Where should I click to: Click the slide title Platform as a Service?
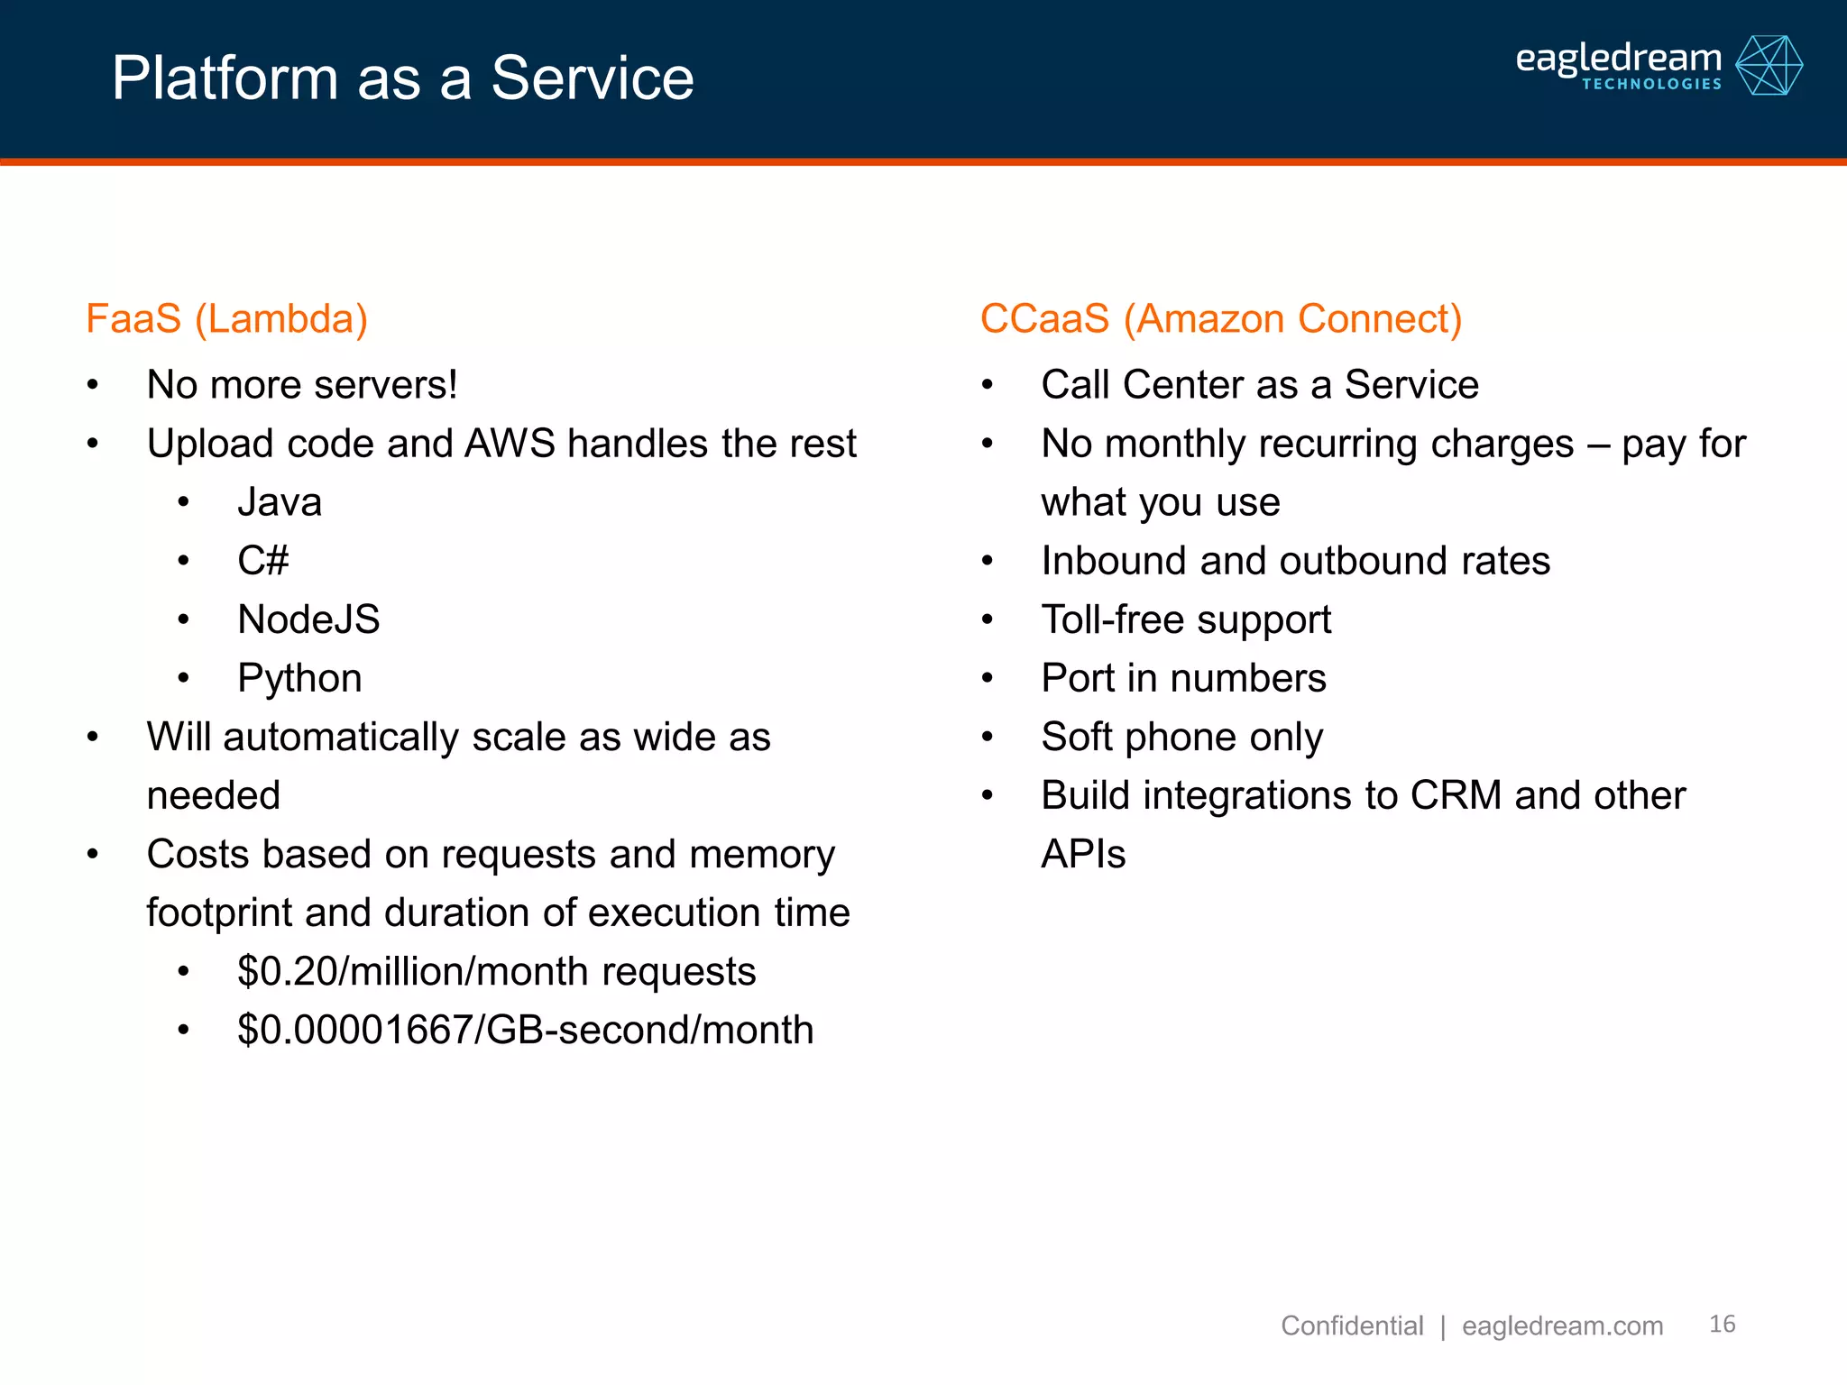pyautogui.click(x=402, y=78)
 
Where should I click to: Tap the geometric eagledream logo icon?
pyautogui.click(x=1769, y=65)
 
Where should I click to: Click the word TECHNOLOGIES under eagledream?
pyautogui.click(x=1651, y=84)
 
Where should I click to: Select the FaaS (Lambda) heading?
pyautogui.click(x=226, y=319)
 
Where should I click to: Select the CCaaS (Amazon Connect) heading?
pyautogui.click(x=1220, y=319)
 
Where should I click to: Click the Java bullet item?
pyautogui.click(x=280, y=502)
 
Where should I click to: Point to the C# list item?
pyautogui.click(x=262, y=561)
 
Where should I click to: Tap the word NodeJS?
pyautogui.click(x=308, y=619)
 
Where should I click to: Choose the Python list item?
pyautogui.click(x=299, y=678)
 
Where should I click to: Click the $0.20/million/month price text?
pyautogui.click(x=496, y=971)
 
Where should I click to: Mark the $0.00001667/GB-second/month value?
pyautogui.click(x=525, y=1030)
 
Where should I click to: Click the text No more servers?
pyautogui.click(x=302, y=385)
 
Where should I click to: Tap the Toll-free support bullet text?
pyautogui.click(x=1186, y=619)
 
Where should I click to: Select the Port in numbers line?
pyautogui.click(x=1183, y=678)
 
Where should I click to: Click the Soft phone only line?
pyautogui.click(x=1181, y=737)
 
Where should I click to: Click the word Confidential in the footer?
pyautogui.click(x=1351, y=1325)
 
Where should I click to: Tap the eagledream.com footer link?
pyautogui.click(x=1562, y=1325)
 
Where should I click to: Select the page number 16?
pyautogui.click(x=1722, y=1324)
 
